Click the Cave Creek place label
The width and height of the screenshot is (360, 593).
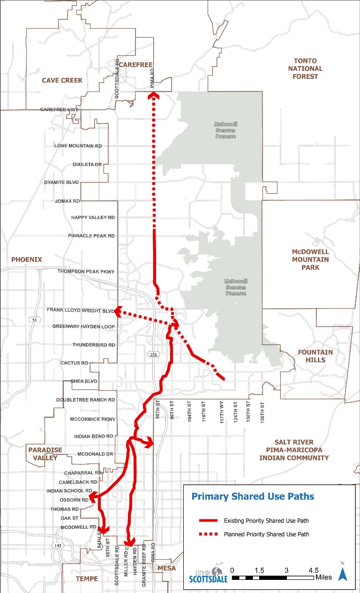click(x=62, y=80)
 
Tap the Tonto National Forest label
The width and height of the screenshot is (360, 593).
click(x=305, y=68)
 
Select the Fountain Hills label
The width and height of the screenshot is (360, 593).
click(x=315, y=356)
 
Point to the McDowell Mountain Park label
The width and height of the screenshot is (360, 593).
click(x=310, y=259)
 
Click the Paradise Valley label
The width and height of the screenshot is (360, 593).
click(x=45, y=454)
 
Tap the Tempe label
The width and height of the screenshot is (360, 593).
click(x=87, y=578)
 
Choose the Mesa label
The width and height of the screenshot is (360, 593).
click(x=166, y=568)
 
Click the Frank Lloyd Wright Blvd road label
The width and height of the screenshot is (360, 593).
click(x=80, y=311)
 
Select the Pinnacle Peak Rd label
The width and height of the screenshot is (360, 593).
click(x=91, y=236)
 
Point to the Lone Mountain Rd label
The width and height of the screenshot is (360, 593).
click(x=78, y=146)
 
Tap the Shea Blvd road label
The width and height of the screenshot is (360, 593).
click(x=83, y=381)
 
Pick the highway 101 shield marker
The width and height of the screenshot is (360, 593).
click(x=154, y=354)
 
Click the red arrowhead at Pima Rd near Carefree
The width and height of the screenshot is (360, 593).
click(x=153, y=96)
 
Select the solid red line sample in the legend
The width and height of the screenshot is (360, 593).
click(x=208, y=521)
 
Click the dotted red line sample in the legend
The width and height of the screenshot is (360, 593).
click(x=208, y=534)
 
